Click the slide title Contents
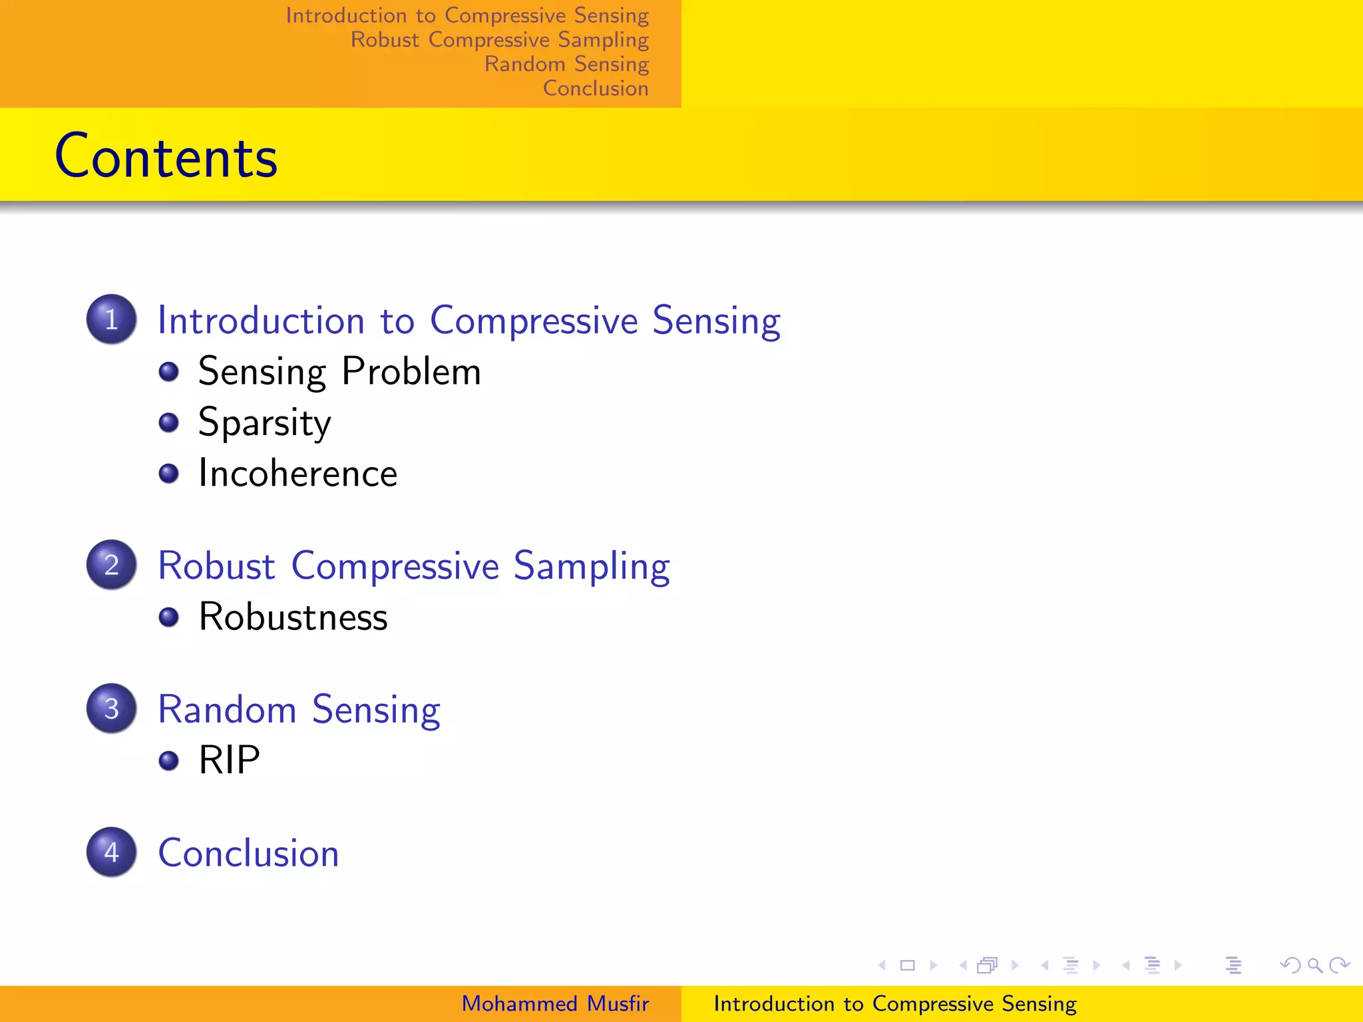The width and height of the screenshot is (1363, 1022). click(x=166, y=156)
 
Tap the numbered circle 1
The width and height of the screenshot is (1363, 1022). click(x=112, y=319)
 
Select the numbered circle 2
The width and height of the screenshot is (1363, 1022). click(x=112, y=564)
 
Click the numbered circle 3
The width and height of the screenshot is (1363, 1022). click(x=112, y=708)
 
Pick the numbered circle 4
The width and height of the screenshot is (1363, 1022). click(x=112, y=852)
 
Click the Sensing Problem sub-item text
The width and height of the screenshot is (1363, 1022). click(x=339, y=371)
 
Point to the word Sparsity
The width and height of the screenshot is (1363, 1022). click(x=264, y=423)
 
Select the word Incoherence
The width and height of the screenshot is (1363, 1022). click(x=297, y=474)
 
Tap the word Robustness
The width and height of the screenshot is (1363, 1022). click(x=293, y=617)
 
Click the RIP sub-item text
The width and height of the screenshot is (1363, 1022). click(x=229, y=760)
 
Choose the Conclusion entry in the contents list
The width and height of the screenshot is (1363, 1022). click(x=248, y=853)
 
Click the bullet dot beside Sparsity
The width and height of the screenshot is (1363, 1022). click(x=169, y=423)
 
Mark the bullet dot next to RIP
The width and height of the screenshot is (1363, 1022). click(x=169, y=760)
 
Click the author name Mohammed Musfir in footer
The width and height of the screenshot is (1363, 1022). click(x=555, y=1003)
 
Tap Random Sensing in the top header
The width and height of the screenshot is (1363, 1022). click(x=566, y=64)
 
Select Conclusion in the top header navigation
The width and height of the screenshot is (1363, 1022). click(x=596, y=88)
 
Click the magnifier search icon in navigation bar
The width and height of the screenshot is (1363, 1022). click(x=1314, y=965)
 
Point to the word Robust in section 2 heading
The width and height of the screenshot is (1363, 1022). click(x=216, y=566)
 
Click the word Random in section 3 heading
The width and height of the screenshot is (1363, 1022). click(x=227, y=709)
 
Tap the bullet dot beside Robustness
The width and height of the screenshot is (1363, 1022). click(x=169, y=617)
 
